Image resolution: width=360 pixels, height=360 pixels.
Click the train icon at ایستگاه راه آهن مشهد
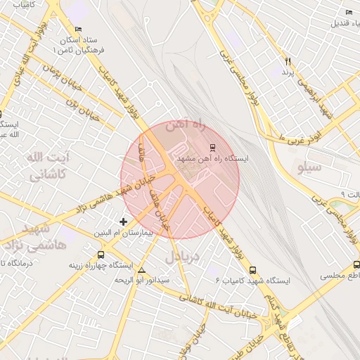click(212, 147)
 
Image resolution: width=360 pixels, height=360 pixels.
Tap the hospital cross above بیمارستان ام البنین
click(124, 221)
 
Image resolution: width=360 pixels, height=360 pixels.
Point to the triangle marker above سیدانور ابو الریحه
click(143, 270)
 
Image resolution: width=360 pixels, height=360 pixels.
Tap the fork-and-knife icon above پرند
click(288, 62)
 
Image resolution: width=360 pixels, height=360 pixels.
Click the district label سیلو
click(309, 167)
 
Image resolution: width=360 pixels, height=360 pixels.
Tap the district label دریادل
click(183, 257)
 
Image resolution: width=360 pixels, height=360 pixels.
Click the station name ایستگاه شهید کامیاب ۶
click(253, 281)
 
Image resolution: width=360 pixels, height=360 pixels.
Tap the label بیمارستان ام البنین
click(133, 232)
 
